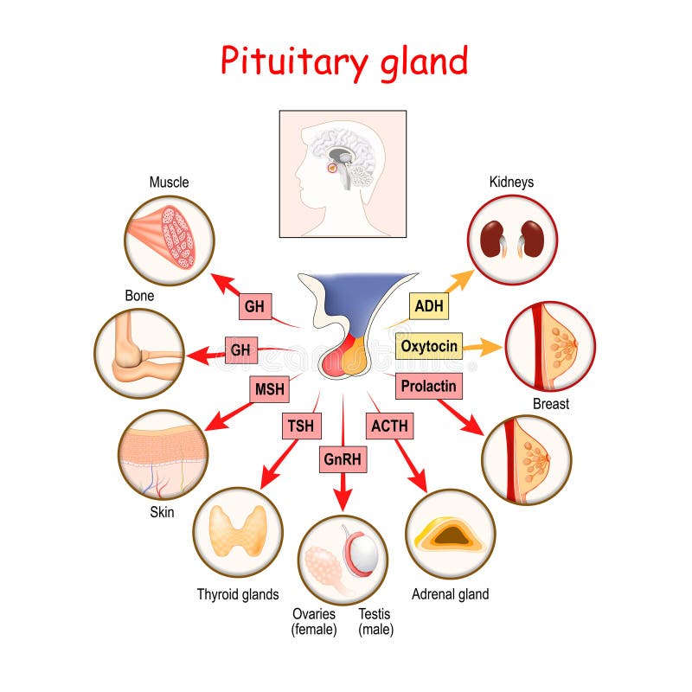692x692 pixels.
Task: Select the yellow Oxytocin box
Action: click(429, 346)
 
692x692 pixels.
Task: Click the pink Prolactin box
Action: click(427, 385)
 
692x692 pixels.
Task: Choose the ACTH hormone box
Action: click(389, 426)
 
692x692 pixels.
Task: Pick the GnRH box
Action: click(343, 459)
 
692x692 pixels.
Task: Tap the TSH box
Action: click(301, 426)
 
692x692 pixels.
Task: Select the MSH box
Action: click(269, 389)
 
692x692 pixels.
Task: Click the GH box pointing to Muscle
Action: click(254, 306)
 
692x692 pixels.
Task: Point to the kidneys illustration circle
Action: click(512, 240)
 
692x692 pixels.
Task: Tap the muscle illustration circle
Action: click(169, 240)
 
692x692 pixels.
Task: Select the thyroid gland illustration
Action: click(238, 531)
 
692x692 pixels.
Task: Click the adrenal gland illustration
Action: click(450, 534)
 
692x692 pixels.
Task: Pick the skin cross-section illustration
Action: click(163, 455)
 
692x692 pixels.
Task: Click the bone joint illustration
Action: click(138, 353)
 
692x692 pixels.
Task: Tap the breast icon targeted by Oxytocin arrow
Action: click(549, 346)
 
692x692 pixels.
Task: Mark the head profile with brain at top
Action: click(342, 173)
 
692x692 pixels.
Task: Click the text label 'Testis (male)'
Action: click(375, 622)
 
